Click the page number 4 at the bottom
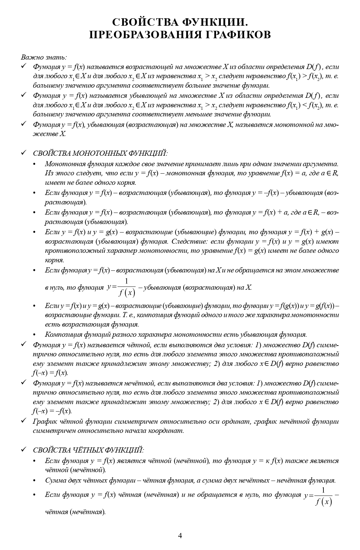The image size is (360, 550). pyautogui.click(x=180, y=535)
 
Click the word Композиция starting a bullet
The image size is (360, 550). pyautogui.click(x=62, y=334)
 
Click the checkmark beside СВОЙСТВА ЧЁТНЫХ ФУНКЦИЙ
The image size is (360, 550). pyautogui.click(x=24, y=450)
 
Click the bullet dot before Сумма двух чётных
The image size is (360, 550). pyautogui.click(x=34, y=481)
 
